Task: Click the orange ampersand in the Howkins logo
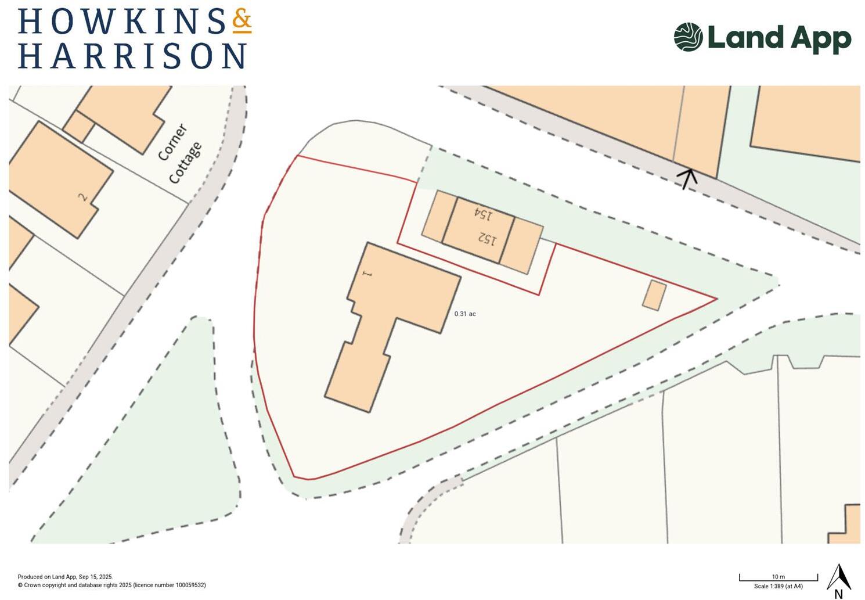(x=242, y=21)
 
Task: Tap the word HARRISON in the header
(x=132, y=56)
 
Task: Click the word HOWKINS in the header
(x=122, y=21)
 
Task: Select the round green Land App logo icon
(x=688, y=37)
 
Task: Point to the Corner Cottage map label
(x=180, y=153)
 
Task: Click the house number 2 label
(x=83, y=197)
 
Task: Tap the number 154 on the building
(x=483, y=213)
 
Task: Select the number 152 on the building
(x=488, y=238)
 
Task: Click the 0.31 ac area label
(x=465, y=314)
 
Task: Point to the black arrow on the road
(x=689, y=178)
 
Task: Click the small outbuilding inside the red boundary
(x=654, y=295)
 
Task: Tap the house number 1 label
(x=366, y=273)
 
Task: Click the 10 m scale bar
(x=778, y=579)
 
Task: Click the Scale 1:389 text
(x=778, y=587)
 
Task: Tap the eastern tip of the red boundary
(x=716, y=299)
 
